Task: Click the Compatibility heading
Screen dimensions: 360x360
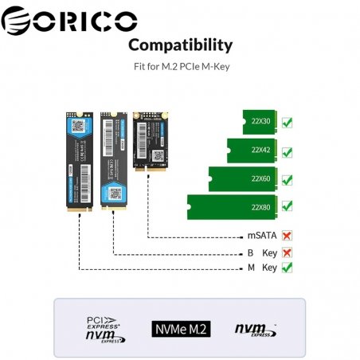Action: tap(180, 45)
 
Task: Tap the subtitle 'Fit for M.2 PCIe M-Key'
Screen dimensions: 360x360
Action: tap(180, 67)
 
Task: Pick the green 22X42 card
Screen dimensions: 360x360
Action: tap(252, 150)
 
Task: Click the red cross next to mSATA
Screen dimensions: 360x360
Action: tap(288, 237)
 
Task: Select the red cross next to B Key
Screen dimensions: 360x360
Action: tap(288, 252)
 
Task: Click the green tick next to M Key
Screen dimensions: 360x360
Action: tap(288, 268)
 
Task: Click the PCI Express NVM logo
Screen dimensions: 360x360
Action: tap(105, 328)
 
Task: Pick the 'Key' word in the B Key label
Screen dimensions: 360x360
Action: tap(269, 252)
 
